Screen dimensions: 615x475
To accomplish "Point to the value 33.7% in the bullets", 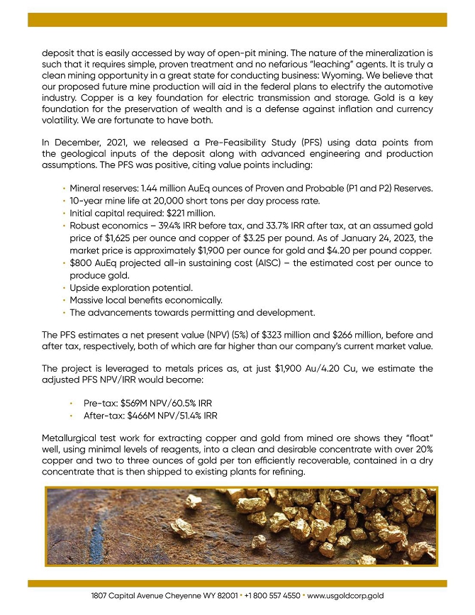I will tap(284, 226).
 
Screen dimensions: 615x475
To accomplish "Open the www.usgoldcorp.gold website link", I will tap(345, 597).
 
